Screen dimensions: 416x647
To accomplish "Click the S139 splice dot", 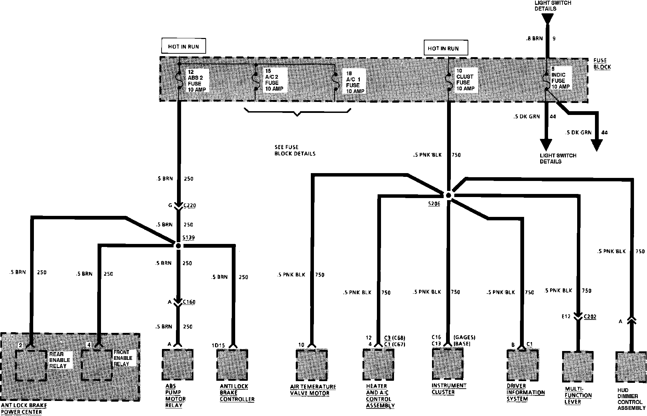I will point(178,245).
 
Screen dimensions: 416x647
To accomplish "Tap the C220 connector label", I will point(190,206).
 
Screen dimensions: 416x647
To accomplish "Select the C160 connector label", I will point(189,302).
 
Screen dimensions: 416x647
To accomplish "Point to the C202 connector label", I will point(590,317).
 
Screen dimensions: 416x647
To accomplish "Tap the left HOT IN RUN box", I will point(183,46).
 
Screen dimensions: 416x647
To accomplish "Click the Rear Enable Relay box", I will point(31,365).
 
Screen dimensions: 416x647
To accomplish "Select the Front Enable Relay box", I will point(97,365).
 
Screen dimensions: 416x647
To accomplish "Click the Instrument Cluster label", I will point(449,389).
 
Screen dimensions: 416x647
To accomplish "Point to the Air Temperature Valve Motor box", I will point(312,365).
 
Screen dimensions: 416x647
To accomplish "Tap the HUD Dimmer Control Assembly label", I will point(631,399).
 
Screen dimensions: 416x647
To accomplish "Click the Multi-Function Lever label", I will point(578,395).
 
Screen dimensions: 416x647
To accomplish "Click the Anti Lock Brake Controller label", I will point(237,393).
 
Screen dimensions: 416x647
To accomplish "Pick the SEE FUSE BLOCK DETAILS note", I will point(295,151).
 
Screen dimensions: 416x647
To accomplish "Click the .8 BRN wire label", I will point(534,39).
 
